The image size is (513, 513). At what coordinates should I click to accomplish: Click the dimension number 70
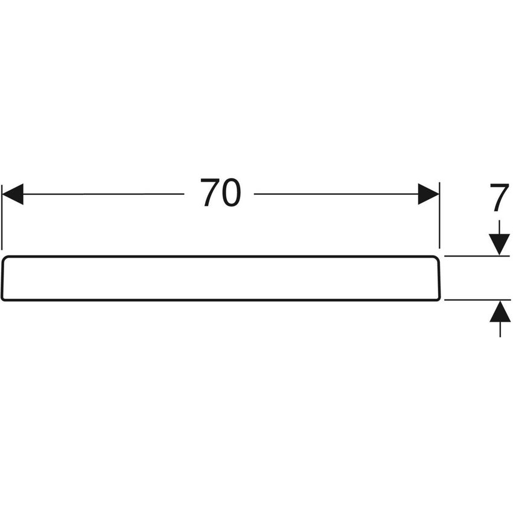click(x=220, y=194)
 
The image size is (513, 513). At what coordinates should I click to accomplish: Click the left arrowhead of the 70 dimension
click(x=13, y=194)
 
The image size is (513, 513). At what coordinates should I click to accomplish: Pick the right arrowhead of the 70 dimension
click(x=429, y=194)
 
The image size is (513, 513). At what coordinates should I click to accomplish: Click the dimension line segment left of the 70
click(x=103, y=194)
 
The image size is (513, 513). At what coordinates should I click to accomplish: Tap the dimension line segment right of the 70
click(x=335, y=194)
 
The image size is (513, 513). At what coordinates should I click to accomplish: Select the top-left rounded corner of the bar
click(x=5, y=259)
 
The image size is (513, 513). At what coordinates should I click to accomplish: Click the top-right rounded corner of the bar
click(x=437, y=259)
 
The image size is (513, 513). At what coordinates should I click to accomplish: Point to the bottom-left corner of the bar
click(x=4, y=298)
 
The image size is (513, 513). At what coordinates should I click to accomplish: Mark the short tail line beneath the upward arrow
click(x=500, y=330)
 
